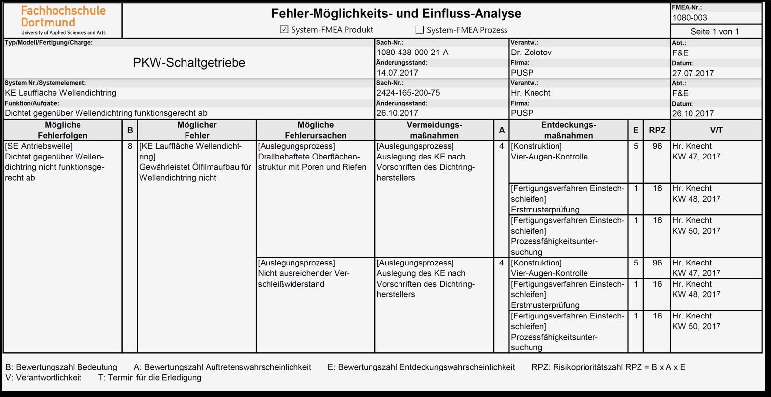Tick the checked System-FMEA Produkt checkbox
[284, 29]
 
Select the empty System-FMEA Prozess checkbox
[420, 29]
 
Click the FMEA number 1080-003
[690, 18]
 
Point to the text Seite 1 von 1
[715, 32]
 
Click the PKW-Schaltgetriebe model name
[189, 63]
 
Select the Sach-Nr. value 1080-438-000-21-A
[412, 53]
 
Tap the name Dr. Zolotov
[531, 53]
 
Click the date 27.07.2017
[693, 73]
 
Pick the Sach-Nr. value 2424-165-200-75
[408, 93]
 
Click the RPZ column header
[657, 130]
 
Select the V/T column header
[716, 130]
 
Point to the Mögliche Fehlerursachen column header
[316, 130]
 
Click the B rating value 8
[130, 146]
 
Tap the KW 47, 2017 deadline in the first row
[696, 157]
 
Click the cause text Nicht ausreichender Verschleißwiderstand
[304, 279]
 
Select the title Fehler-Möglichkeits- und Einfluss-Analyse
[396, 14]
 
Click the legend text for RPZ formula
[609, 367]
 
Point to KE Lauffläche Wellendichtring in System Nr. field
[61, 93]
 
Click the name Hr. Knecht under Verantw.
[531, 93]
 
